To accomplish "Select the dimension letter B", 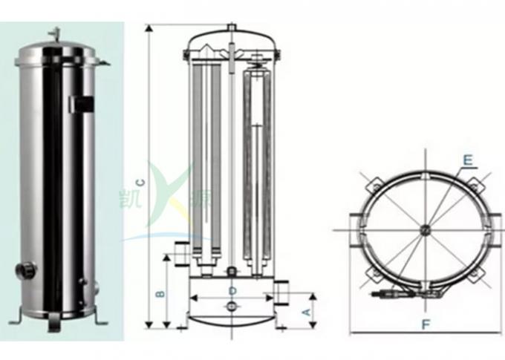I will coord(159,293).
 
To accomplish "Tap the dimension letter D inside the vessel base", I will coord(232,289).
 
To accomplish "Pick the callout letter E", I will coord(467,159).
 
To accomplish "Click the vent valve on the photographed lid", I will coord(53,32).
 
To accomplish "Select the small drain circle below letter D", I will coord(231,306).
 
